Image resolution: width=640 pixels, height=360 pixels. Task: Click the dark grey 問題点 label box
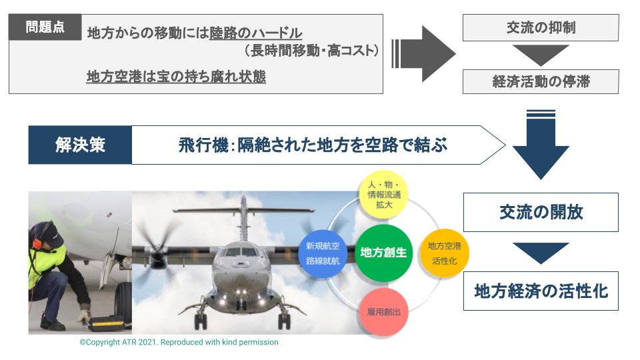pyautogui.click(x=45, y=27)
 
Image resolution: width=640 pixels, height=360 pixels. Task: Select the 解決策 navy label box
pyautogui.click(x=80, y=145)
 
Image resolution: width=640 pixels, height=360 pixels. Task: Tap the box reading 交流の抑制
pyautogui.click(x=541, y=28)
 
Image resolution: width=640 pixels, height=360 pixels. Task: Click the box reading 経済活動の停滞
pyautogui.click(x=541, y=81)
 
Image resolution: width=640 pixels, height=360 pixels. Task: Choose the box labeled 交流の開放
pyautogui.click(x=541, y=212)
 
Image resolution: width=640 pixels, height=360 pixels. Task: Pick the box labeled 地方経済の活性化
pyautogui.click(x=541, y=291)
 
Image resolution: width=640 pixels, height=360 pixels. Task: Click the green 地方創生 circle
pyautogui.click(x=384, y=253)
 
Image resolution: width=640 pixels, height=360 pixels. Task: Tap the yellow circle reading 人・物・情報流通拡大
pyautogui.click(x=384, y=195)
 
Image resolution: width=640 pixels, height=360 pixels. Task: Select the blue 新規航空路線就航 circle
pyautogui.click(x=323, y=253)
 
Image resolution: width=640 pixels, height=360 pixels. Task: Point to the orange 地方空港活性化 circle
pyautogui.click(x=445, y=253)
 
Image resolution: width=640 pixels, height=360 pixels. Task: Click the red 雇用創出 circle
pyautogui.click(x=384, y=312)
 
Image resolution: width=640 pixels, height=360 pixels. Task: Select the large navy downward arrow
pyautogui.click(x=541, y=145)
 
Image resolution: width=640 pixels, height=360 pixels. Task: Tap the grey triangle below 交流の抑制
pyautogui.click(x=541, y=55)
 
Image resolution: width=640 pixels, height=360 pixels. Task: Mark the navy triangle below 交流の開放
pyautogui.click(x=541, y=253)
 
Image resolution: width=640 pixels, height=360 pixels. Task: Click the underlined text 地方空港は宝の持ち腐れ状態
pyautogui.click(x=176, y=76)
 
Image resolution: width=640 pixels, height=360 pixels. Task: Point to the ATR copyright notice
pyautogui.click(x=179, y=342)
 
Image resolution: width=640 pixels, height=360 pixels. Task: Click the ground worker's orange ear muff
pyautogui.click(x=37, y=243)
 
